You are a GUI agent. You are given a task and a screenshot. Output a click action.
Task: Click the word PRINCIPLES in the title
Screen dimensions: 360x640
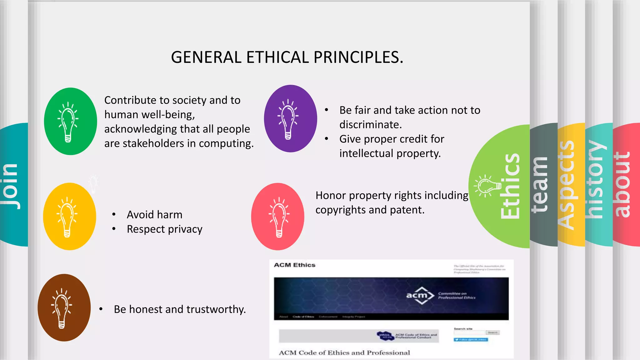(x=358, y=57)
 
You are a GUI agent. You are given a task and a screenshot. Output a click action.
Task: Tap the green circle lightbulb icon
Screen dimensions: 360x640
(x=70, y=121)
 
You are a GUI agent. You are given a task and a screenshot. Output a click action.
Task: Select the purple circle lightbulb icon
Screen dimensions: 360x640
(x=290, y=118)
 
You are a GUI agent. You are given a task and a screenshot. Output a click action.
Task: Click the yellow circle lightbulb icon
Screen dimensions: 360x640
(x=69, y=216)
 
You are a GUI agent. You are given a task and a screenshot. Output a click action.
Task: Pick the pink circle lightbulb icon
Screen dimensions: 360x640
(x=277, y=216)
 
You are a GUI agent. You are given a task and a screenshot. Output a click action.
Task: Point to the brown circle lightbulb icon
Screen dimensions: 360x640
(x=64, y=307)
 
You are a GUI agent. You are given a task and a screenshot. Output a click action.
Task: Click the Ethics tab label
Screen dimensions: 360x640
(x=510, y=186)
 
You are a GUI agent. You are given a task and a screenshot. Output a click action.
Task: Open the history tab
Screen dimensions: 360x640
(x=595, y=180)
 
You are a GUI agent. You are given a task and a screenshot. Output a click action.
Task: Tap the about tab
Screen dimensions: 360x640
(x=622, y=184)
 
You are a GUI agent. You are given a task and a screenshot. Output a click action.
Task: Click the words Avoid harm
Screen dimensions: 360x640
(x=154, y=215)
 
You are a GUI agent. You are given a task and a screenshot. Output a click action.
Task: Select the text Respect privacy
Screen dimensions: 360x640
(x=164, y=229)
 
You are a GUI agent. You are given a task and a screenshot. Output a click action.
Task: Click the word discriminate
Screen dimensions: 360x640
(x=370, y=125)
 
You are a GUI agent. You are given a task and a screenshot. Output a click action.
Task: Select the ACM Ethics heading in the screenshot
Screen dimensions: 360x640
(x=294, y=265)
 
